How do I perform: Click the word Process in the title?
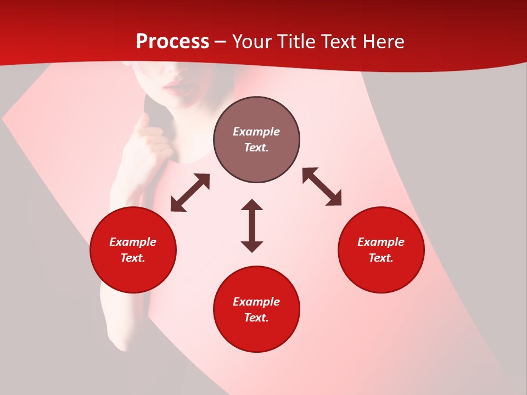172,42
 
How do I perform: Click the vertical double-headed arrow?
252,225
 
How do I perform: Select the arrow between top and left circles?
190,193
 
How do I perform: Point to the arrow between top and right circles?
322,187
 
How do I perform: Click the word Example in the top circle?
256,132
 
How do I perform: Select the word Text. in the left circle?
133,258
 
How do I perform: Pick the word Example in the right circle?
381,242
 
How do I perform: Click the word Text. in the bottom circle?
256,318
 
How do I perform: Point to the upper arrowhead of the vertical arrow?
252,205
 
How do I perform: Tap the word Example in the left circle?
133,242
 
